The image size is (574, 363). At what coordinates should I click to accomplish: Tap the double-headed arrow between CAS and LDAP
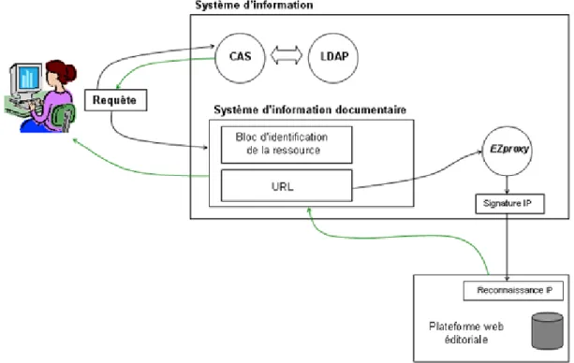point(287,56)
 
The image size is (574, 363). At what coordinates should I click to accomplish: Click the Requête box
point(116,100)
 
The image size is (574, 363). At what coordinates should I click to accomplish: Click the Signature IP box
point(510,204)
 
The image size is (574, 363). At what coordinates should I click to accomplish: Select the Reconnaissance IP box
point(513,291)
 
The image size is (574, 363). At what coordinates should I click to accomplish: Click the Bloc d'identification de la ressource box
point(287,144)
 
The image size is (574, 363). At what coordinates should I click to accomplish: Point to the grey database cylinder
point(547,331)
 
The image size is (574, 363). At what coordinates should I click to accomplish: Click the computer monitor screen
point(29,78)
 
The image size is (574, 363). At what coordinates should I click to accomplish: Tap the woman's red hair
point(62,70)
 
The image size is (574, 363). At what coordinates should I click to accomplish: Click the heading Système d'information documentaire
point(310,109)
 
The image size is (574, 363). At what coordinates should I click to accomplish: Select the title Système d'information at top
point(254,5)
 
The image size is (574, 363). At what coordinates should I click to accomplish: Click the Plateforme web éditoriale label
point(466,333)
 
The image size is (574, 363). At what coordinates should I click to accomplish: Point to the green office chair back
point(64,114)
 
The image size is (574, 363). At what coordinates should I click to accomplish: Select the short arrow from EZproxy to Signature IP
point(507,185)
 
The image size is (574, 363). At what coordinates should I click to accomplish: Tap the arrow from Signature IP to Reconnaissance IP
point(507,247)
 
